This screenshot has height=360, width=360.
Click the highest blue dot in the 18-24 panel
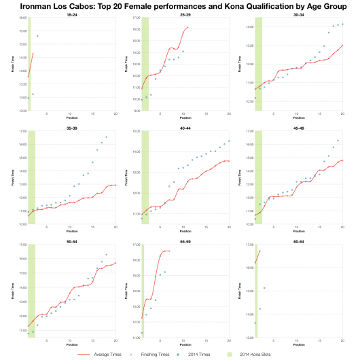(x=37, y=36)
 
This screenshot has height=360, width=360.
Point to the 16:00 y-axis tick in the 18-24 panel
(x=21, y=18)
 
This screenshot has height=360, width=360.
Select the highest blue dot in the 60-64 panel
(x=264, y=287)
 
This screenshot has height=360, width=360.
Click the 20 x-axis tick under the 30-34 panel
(x=342, y=113)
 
